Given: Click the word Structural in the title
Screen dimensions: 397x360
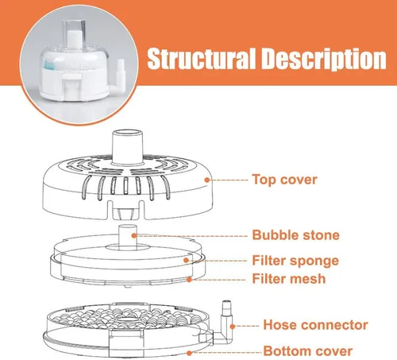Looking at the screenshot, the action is coord(202,59).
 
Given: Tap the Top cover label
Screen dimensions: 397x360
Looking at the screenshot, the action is coord(284,180).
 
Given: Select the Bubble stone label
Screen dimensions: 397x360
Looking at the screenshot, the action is coord(295,235).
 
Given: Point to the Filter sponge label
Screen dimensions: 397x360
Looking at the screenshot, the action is coord(295,261).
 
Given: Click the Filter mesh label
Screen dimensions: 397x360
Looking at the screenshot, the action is coord(289,279).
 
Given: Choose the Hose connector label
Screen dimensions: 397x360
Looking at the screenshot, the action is coord(315,325).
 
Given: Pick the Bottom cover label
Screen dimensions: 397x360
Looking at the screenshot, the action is coord(308,351).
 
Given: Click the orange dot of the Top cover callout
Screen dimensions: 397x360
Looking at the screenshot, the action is coord(207,180).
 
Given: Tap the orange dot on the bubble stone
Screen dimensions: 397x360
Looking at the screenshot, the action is coord(134,235).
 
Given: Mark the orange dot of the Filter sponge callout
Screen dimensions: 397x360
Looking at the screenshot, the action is coord(186,261).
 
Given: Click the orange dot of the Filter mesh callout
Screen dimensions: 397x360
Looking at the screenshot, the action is coord(189,279).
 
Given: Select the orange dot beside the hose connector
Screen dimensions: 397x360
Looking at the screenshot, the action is coord(233,327).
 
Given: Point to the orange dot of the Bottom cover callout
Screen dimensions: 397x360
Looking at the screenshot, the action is coord(189,353).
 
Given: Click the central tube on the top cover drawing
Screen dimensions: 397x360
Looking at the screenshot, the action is coord(128,147).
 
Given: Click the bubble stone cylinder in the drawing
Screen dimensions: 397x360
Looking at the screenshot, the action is coord(127,237).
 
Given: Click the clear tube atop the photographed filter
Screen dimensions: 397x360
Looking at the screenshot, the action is coord(74,33).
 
